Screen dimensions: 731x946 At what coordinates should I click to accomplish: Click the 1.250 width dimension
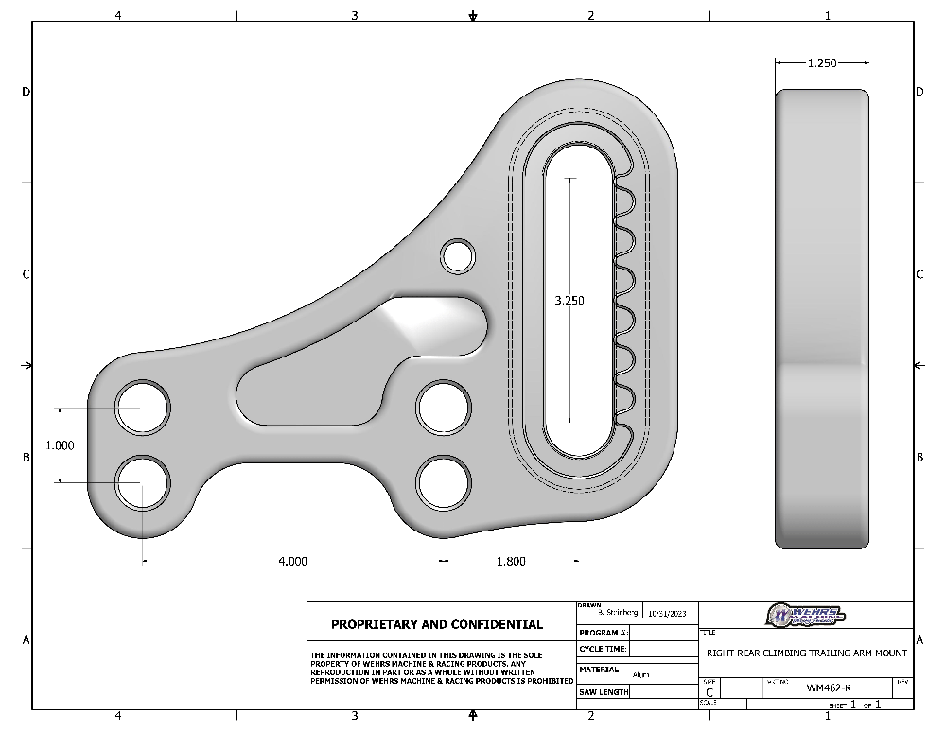(821, 62)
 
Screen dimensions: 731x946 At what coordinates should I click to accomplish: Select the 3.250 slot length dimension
(569, 301)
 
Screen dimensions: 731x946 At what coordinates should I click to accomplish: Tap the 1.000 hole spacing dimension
(60, 444)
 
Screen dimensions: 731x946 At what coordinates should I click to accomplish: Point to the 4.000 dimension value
(292, 561)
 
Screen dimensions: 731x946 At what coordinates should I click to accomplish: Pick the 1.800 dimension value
(511, 561)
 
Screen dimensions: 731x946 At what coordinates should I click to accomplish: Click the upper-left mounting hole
(142, 408)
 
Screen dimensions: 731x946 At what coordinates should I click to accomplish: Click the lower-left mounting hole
(142, 481)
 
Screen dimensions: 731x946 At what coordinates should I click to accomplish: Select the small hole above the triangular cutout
(458, 255)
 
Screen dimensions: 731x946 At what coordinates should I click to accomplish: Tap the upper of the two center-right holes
(444, 408)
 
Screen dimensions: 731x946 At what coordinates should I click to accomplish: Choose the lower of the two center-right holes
(444, 482)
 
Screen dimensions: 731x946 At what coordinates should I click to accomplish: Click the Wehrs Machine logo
(806, 615)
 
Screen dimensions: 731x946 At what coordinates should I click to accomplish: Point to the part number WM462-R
(828, 688)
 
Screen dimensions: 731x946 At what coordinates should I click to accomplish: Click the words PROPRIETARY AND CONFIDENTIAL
(437, 624)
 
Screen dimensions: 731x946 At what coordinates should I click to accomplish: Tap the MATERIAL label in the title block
(599, 670)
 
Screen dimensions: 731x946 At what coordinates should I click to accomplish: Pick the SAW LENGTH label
(603, 692)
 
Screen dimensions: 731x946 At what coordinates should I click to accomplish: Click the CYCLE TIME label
(602, 650)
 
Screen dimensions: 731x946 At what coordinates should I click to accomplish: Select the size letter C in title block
(710, 691)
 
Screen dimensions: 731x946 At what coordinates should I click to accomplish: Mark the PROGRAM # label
(601, 632)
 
